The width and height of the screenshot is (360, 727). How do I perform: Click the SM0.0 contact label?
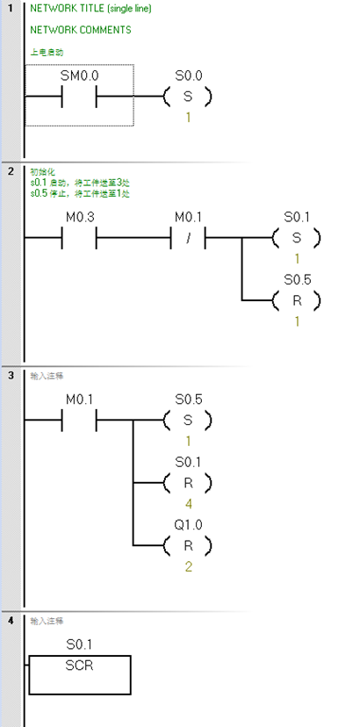pos(78,76)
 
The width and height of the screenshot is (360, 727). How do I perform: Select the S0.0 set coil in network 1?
pos(187,97)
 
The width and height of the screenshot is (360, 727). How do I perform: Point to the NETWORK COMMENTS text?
pos(80,30)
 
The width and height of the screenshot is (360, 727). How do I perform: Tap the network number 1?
pos(10,8)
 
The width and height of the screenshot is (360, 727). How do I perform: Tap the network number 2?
pos(10,171)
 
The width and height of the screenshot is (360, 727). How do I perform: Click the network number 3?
pos(10,376)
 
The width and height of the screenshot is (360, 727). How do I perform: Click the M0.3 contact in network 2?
pos(78,238)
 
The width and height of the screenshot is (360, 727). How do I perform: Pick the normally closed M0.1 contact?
pos(187,238)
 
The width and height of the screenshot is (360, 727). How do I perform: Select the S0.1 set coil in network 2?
pos(297,238)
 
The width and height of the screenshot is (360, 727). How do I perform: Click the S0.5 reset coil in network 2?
pos(297,300)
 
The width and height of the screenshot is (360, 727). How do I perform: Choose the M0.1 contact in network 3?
pos(78,421)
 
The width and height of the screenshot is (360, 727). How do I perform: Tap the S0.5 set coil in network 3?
pos(187,421)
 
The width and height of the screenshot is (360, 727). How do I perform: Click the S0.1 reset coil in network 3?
pos(187,483)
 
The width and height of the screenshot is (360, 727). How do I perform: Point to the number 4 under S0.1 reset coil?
pos(187,506)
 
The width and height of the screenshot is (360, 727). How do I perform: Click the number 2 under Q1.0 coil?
pos(187,568)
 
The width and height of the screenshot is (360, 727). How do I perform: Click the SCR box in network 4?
pos(80,673)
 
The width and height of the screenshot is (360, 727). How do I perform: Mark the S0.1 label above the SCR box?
pos(80,644)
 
